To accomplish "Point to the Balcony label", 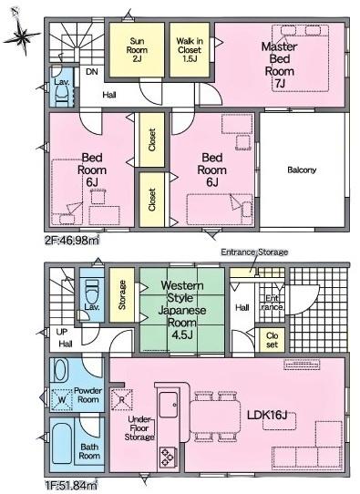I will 302,170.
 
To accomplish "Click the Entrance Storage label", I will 253,252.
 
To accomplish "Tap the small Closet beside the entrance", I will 272,339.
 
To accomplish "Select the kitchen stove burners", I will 168,455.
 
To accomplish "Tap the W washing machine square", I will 62,399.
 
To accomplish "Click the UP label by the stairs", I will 61,332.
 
